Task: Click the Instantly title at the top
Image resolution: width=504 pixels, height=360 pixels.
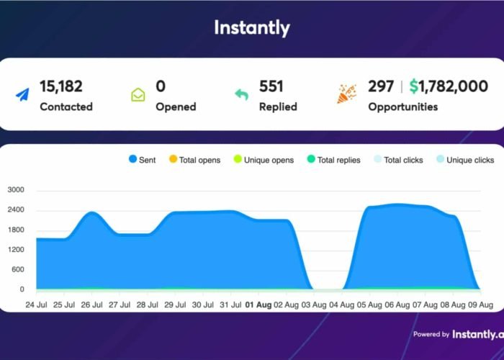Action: tap(252, 28)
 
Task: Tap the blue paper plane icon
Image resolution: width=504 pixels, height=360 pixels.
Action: tap(22, 95)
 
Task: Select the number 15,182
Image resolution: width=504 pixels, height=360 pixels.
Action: tap(61, 86)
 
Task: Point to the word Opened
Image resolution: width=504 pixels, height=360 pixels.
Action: tap(176, 107)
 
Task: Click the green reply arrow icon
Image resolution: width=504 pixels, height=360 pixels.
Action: tap(242, 95)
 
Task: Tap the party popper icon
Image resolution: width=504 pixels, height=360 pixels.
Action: tap(346, 94)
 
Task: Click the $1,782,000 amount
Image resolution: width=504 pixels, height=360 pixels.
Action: tap(449, 86)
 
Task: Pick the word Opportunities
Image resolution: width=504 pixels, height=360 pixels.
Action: tap(402, 107)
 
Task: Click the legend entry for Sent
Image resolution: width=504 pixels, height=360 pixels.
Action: tap(142, 160)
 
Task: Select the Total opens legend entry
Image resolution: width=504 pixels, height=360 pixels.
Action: tap(194, 160)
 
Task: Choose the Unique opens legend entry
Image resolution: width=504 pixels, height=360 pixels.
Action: tap(263, 160)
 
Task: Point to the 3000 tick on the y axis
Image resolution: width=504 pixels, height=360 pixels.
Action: tap(16, 190)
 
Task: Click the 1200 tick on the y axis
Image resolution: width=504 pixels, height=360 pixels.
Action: tap(16, 250)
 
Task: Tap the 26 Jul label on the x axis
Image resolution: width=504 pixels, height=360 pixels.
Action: tap(91, 305)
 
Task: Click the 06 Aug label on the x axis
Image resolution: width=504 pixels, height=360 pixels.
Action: tap(400, 305)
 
